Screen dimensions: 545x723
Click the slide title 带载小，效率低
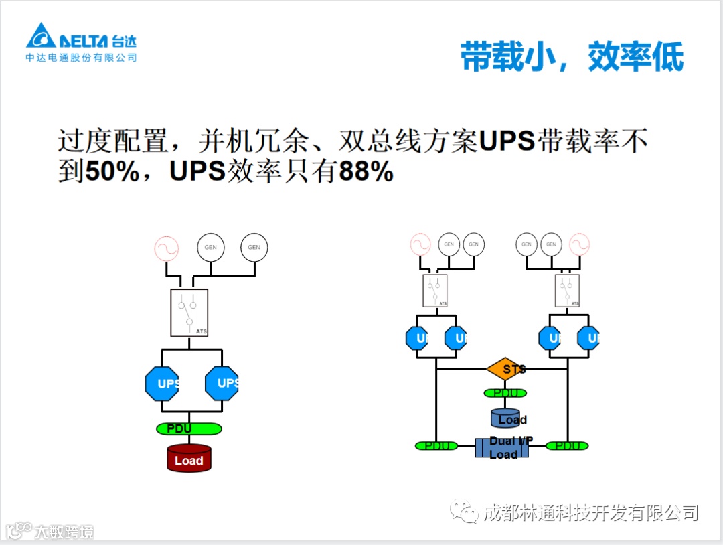click(572, 57)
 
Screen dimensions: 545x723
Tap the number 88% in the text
click(366, 172)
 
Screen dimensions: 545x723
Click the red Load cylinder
click(189, 458)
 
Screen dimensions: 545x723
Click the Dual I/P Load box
click(502, 447)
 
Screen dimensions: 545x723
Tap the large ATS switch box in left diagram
click(189, 313)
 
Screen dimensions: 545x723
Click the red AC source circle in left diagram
click(167, 248)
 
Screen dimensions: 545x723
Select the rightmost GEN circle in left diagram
click(254, 247)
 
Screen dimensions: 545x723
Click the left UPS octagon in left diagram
click(162, 384)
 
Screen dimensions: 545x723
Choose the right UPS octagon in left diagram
click(222, 384)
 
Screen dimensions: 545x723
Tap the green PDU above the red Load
click(189, 428)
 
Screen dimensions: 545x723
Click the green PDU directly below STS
click(505, 393)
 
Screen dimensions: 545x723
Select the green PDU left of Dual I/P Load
click(436, 445)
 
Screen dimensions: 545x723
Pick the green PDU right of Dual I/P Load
click(567, 445)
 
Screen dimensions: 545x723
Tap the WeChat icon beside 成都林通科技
click(465, 512)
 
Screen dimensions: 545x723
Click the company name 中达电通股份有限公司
click(81, 58)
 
